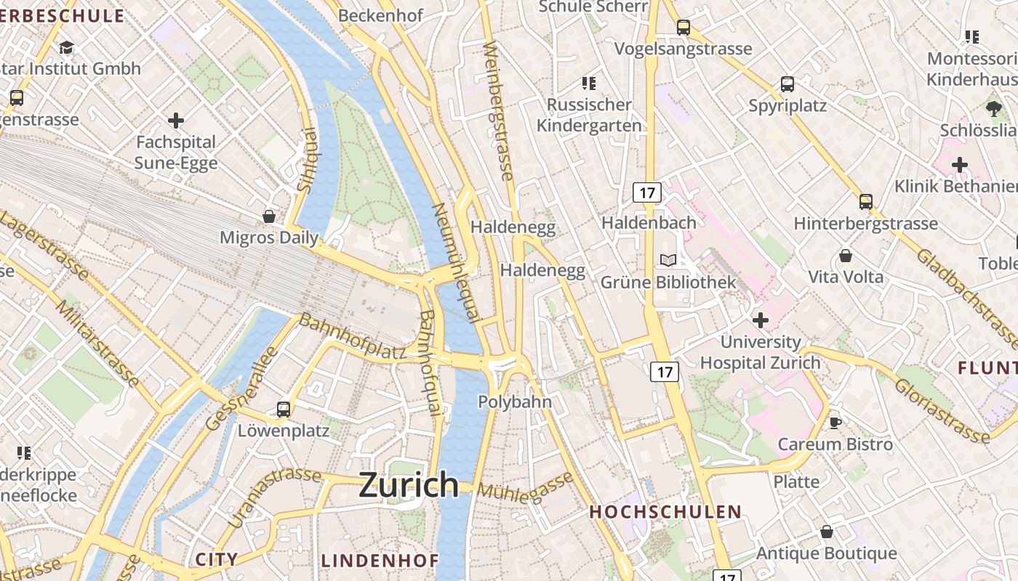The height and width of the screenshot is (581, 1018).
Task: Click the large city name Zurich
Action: point(409,484)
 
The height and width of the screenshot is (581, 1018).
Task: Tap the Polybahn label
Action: point(515,402)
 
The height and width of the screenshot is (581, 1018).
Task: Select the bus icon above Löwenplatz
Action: point(284,409)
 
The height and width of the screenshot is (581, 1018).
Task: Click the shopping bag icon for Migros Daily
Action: point(269,216)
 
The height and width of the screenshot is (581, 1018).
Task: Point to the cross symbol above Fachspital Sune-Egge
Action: point(175,120)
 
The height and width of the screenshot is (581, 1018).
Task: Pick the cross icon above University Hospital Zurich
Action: point(761,320)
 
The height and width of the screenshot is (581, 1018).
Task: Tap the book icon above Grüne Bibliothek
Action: point(668,260)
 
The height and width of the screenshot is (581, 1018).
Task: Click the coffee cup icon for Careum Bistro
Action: point(835,423)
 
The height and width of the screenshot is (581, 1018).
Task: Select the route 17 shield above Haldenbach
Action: point(646,192)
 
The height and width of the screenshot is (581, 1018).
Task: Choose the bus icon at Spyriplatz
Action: point(787,84)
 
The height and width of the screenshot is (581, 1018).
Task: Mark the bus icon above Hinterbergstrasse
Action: point(865,201)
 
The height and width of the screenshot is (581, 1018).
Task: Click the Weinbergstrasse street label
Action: point(498,110)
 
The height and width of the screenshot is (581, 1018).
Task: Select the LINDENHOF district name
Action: point(380,561)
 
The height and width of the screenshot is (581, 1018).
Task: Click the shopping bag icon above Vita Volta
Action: point(845,256)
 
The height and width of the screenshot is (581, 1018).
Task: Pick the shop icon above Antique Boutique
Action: point(826,532)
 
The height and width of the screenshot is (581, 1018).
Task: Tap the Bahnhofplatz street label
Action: point(353,336)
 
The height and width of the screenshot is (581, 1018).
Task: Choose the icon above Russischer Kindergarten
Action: point(589,83)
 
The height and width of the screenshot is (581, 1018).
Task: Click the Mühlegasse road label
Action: point(525,486)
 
